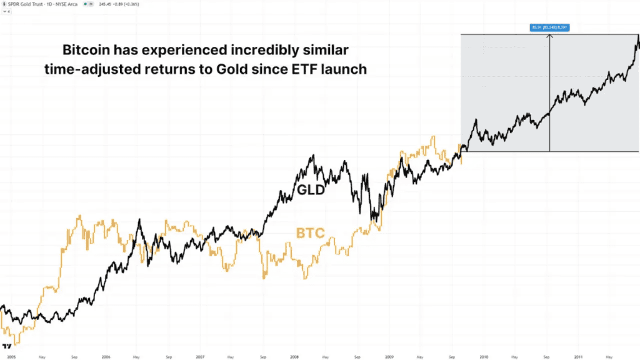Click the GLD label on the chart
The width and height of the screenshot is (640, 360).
pos(310,190)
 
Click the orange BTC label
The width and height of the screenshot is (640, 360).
pos(310,234)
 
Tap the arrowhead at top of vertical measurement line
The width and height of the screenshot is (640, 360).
pos(549,36)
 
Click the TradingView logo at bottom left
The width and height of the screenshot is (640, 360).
pos(7,346)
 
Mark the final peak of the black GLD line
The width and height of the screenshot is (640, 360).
pos(638,37)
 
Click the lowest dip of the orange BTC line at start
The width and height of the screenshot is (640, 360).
pos(14,342)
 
